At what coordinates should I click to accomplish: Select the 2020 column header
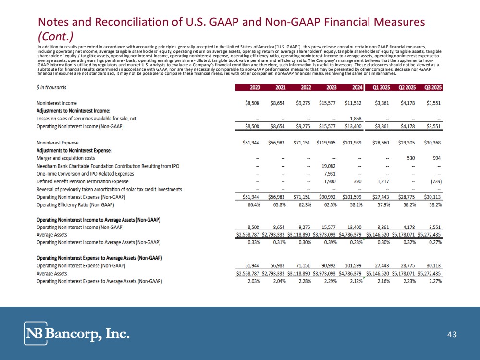254,88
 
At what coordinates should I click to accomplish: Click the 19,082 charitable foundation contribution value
328,166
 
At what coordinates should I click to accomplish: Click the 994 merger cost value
436,158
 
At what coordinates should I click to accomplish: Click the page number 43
452,335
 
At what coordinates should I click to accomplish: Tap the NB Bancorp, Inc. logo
77,334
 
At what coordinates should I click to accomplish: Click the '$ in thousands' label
52,88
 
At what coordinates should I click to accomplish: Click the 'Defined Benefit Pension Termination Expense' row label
83,181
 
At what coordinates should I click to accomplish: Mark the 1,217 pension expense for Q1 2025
380,181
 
